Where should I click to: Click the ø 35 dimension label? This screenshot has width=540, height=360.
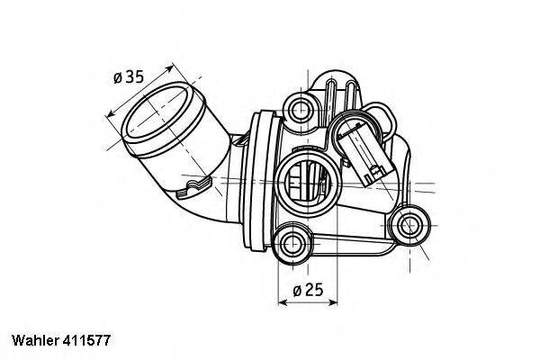[x=128, y=77]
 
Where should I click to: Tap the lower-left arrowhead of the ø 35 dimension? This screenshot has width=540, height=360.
[x=110, y=114]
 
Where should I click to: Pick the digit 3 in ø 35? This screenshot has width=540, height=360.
[x=130, y=77]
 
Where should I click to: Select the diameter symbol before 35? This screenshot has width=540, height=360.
[x=118, y=78]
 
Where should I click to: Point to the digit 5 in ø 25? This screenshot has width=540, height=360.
[x=318, y=289]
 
